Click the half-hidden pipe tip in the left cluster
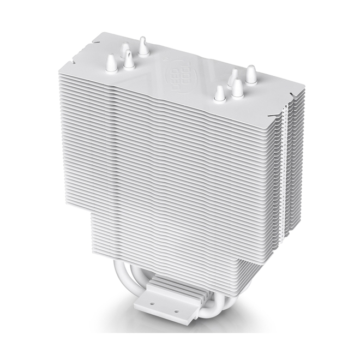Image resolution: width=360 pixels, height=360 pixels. pyautogui.click(x=125, y=50)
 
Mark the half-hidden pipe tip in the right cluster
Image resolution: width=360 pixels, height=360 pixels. pyautogui.click(x=233, y=77)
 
